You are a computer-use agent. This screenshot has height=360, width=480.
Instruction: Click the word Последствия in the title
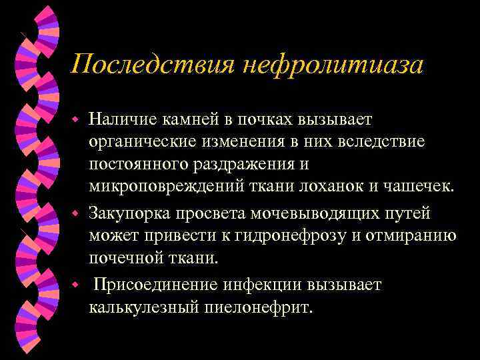[x=151, y=65]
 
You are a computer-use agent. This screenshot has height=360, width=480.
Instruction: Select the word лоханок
[x=317, y=185]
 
